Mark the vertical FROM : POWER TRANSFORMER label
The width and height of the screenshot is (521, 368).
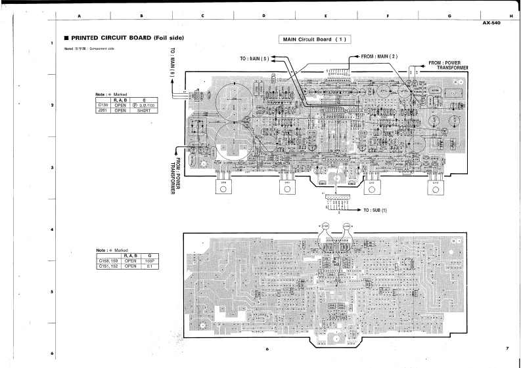(176, 165)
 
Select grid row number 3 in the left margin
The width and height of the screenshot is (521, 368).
(51, 169)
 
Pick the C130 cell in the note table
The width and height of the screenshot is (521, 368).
(102, 106)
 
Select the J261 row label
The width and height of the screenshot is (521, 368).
(102, 111)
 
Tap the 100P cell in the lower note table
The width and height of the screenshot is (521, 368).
(150, 260)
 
